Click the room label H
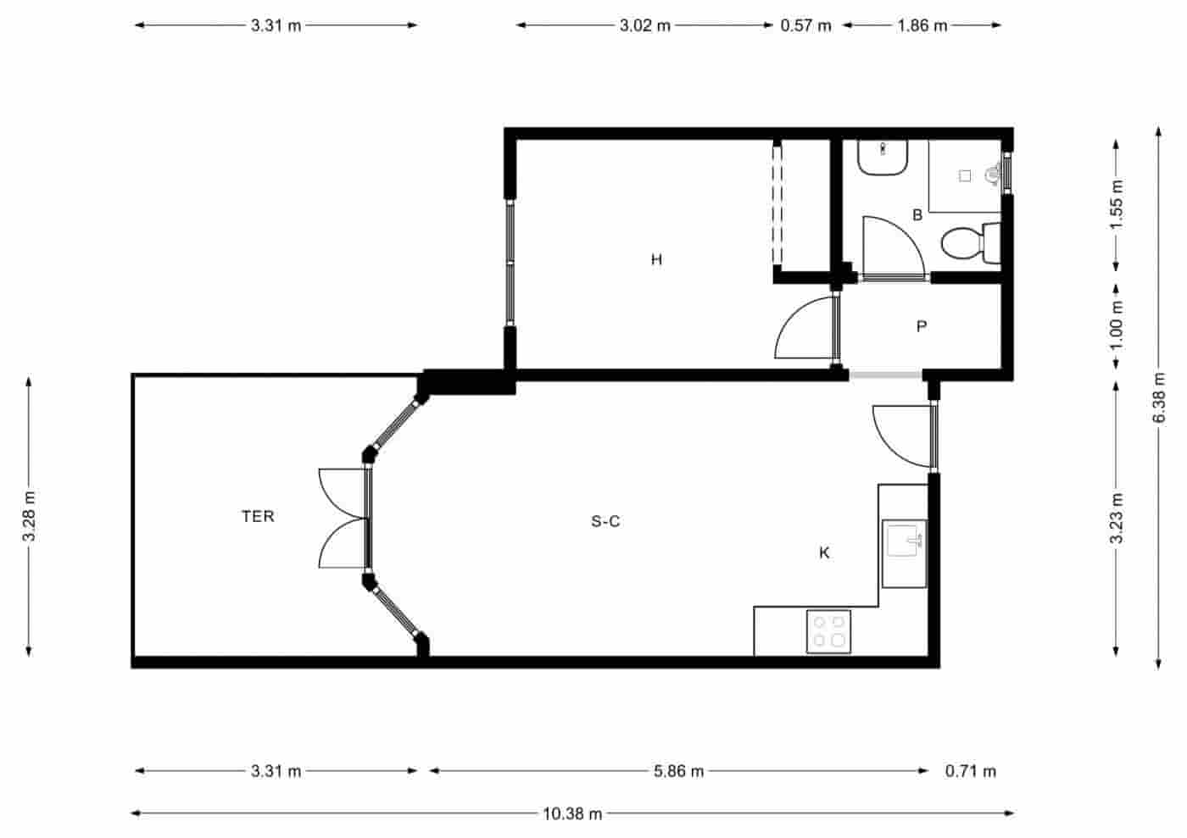(x=656, y=259)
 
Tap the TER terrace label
(x=258, y=516)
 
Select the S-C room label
(x=605, y=521)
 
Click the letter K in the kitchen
(x=824, y=553)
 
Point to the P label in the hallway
(x=922, y=326)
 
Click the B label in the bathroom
(x=917, y=215)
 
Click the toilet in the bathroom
(x=970, y=244)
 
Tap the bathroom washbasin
(x=883, y=158)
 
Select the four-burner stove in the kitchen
(x=829, y=632)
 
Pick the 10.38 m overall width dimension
(x=572, y=813)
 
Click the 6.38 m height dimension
(x=1159, y=399)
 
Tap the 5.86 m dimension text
(x=678, y=771)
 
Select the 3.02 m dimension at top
(x=644, y=25)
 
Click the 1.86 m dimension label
(x=922, y=25)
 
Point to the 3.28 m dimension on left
(x=29, y=516)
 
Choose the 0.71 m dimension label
(x=971, y=771)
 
